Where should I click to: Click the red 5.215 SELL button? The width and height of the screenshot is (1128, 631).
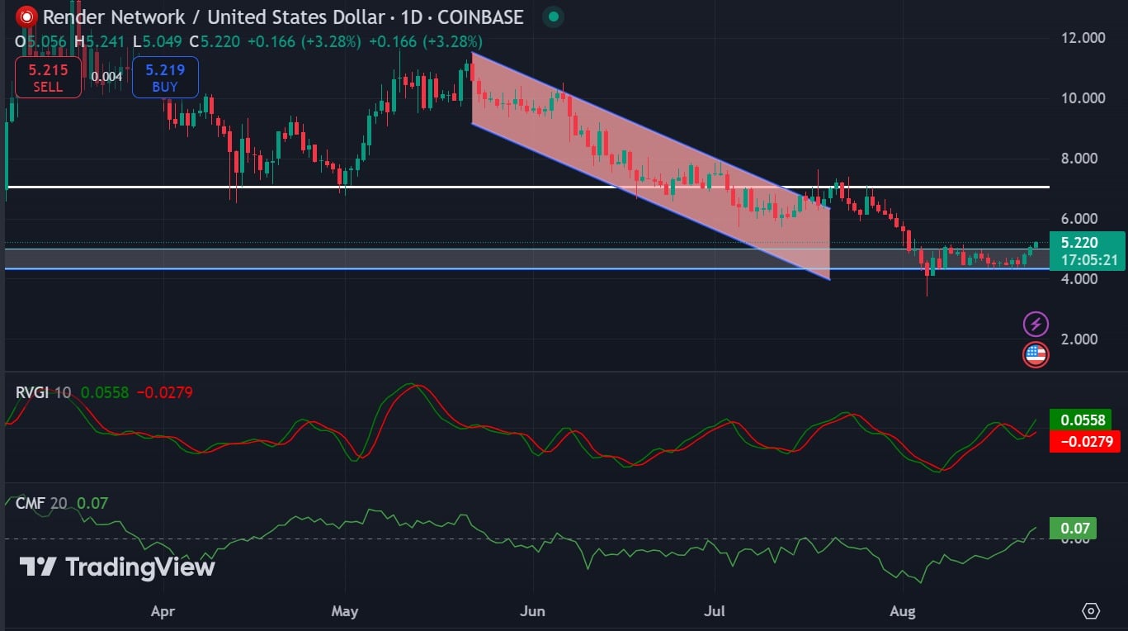48,78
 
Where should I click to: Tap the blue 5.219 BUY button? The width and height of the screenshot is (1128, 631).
165,78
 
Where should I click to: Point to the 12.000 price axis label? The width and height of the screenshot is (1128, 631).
1082,38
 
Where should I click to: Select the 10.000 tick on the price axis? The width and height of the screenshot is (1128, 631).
1082,98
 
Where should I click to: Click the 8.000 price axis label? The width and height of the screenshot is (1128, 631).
1082,159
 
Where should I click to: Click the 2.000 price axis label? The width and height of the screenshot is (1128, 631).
1082,339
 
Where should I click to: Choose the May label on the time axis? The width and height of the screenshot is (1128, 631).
344,612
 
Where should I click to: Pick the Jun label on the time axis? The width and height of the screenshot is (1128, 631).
533,612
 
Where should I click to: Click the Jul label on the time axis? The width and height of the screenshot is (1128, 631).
715,612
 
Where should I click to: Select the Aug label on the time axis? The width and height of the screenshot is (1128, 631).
903,612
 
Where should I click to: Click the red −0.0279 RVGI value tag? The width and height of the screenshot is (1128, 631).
1084,442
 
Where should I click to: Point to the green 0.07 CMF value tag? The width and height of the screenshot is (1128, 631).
1072,529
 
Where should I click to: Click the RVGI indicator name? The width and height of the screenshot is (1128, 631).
33,392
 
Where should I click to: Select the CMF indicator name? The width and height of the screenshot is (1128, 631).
31,503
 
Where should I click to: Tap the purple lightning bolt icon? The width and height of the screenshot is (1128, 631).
1036,325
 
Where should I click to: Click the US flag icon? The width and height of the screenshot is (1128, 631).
1036,355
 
